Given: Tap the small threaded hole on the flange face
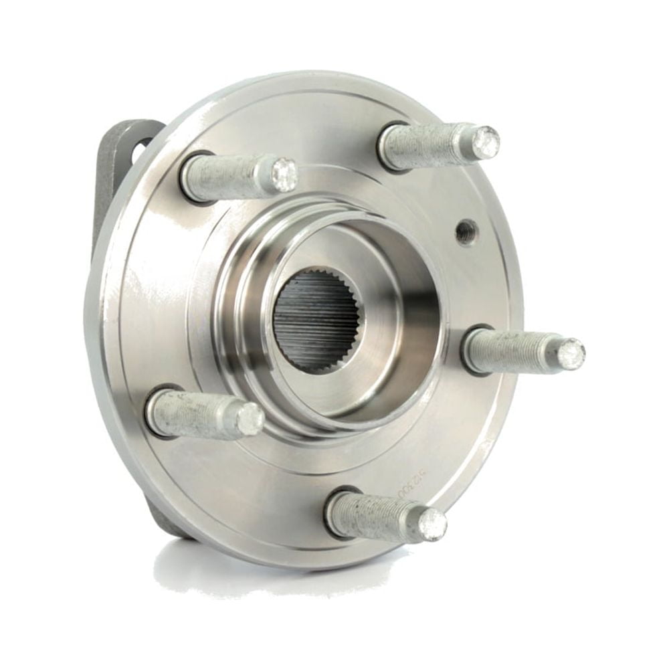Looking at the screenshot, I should tap(466, 232).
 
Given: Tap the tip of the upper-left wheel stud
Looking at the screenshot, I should tap(284, 175).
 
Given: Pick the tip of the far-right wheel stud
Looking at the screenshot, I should tap(570, 353).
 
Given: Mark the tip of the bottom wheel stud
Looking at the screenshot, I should tap(432, 524).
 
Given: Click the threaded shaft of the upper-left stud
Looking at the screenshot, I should tap(231, 177).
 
